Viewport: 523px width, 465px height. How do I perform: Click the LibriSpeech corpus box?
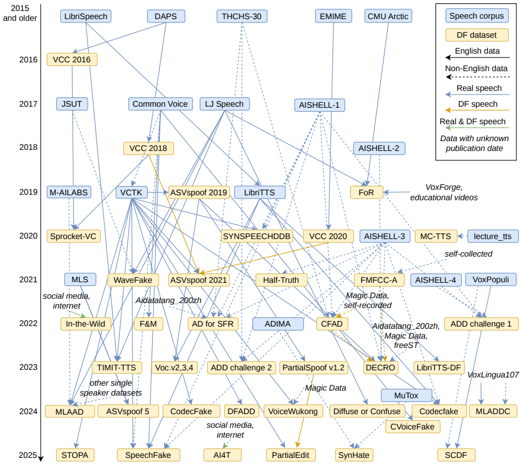pos(86,16)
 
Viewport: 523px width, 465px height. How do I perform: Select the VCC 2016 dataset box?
pos(72,60)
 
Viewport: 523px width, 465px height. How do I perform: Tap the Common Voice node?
pos(160,104)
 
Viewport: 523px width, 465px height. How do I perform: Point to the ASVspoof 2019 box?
pos(199,193)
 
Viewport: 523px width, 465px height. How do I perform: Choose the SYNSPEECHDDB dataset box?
pos(257,236)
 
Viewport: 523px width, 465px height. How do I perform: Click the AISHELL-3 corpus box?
pos(385,236)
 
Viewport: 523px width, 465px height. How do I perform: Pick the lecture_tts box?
pos(493,236)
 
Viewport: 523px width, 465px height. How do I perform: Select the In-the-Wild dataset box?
pos(86,324)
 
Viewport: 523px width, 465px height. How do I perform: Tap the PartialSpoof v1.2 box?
pos(313,368)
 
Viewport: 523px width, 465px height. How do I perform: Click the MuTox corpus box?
pos(406,396)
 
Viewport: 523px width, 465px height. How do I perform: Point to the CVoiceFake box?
pos(412,427)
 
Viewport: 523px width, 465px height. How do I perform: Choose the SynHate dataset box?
pos(354,455)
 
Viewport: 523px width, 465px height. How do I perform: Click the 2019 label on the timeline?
pos(28,192)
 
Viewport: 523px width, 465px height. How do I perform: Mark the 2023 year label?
pos(28,367)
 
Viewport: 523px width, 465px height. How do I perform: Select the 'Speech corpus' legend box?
pos(477,16)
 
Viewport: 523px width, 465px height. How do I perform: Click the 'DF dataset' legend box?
pos(477,35)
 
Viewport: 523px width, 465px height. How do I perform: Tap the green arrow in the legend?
pos(477,128)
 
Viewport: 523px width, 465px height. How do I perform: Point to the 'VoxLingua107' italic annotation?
pos(493,375)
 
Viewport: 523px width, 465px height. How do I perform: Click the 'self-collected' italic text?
pos(468,254)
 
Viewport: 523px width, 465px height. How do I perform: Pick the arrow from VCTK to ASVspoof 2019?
pos(158,193)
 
